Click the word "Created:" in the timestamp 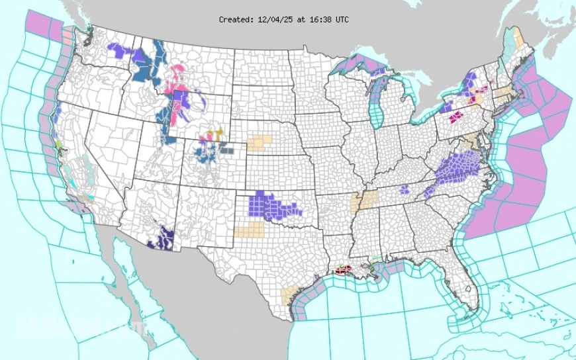pos(235,20)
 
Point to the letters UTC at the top pos(342,20)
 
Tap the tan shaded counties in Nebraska pos(260,143)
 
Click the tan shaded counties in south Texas pos(289,294)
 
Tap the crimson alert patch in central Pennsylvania pos(456,117)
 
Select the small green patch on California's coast pos(59,144)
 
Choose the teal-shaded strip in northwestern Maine pos(507,50)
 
